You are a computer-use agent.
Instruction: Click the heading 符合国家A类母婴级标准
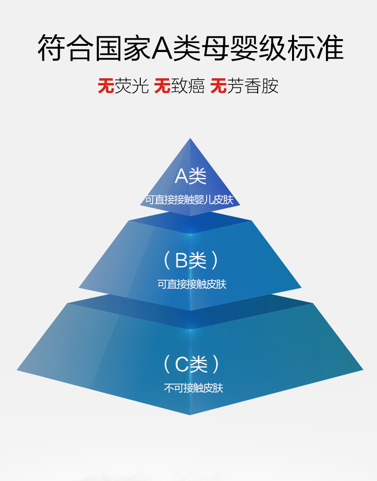pyautogui.click(x=190, y=48)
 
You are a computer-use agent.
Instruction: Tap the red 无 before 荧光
pyautogui.click(x=106, y=86)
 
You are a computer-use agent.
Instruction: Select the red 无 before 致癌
pyautogui.click(x=162, y=86)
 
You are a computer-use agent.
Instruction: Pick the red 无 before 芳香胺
pyautogui.click(x=219, y=86)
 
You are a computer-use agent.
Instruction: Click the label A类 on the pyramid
pyautogui.click(x=190, y=177)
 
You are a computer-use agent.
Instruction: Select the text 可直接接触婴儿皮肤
pyautogui.click(x=189, y=200)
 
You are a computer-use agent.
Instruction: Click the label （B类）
pyautogui.click(x=190, y=261)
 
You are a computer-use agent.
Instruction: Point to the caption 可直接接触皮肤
pyautogui.click(x=192, y=284)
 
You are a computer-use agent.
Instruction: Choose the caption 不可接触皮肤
pyautogui.click(x=194, y=388)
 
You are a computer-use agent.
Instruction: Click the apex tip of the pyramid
pyautogui.click(x=190, y=139)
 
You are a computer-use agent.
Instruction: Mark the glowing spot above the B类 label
pyautogui.click(x=190, y=234)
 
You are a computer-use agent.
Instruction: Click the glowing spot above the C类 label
pyautogui.click(x=190, y=330)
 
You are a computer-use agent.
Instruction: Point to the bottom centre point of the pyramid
pyautogui.click(x=190, y=414)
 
